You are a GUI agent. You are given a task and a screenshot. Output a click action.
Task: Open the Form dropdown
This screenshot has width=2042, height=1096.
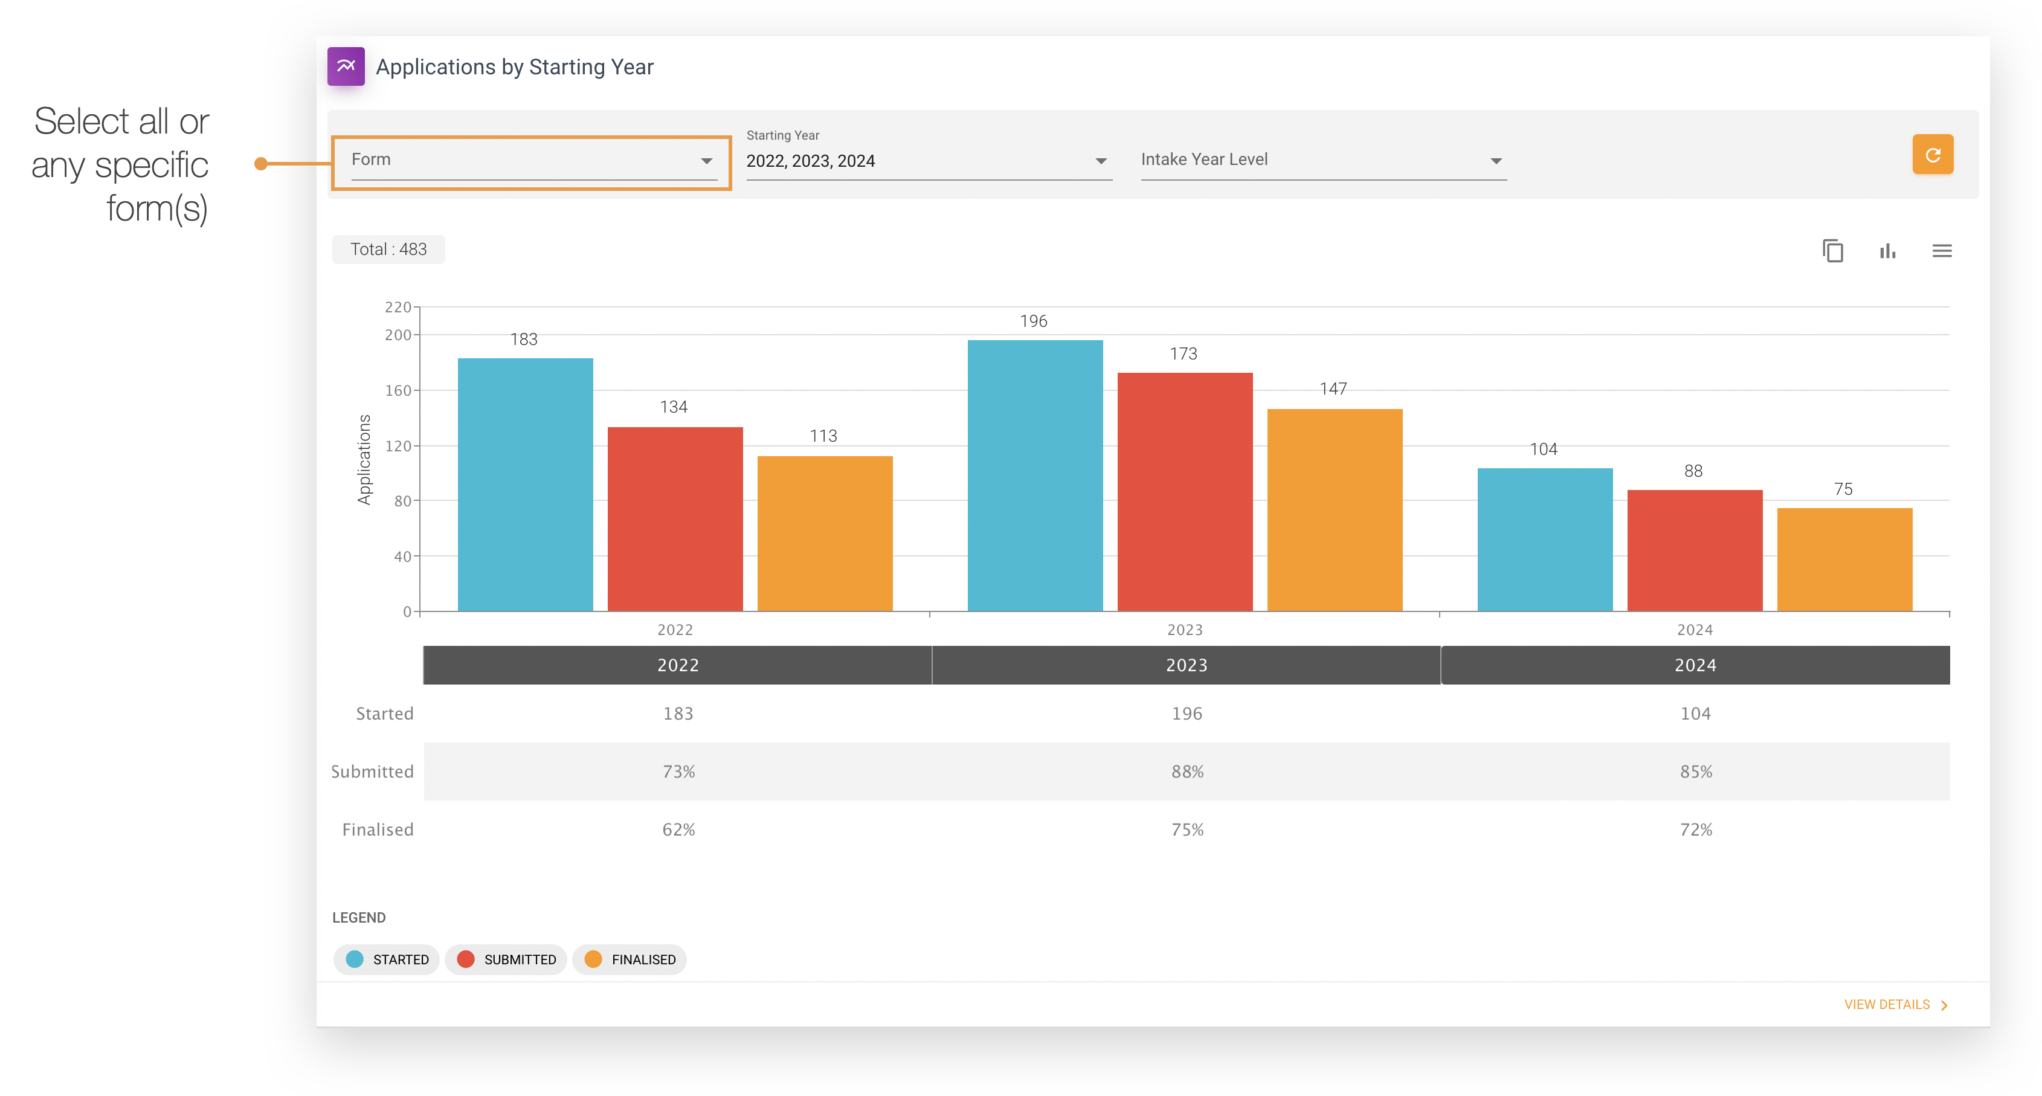click(531, 161)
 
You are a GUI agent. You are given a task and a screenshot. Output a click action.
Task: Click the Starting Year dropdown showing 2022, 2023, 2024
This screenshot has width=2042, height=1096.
click(928, 161)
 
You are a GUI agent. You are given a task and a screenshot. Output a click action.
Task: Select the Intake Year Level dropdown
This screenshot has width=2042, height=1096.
click(1323, 161)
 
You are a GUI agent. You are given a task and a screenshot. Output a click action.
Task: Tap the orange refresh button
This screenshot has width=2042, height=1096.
click(1932, 155)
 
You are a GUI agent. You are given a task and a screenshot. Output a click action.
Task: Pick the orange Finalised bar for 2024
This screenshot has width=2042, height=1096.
click(1844, 559)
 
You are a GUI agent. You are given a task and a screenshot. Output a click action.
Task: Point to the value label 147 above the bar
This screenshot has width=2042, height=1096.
click(1333, 389)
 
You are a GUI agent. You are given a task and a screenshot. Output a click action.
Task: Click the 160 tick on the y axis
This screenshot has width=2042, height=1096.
click(398, 391)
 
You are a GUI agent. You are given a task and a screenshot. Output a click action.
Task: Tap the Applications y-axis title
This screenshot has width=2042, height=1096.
click(364, 460)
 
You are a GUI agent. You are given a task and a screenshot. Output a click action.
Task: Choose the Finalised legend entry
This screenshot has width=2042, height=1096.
click(630, 959)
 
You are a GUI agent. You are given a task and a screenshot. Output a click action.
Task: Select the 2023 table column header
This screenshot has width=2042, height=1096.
click(1186, 665)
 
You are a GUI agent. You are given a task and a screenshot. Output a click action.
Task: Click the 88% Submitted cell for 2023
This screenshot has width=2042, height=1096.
click(1187, 772)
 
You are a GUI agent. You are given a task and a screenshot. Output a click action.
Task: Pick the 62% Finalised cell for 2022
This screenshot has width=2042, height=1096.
click(678, 830)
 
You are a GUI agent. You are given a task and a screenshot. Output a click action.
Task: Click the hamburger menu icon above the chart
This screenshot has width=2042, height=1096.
click(1941, 251)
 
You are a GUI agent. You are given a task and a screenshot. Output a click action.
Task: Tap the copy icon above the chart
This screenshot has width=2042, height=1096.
click(1832, 251)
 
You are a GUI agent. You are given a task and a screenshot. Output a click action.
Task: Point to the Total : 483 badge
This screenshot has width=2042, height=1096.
click(388, 250)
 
